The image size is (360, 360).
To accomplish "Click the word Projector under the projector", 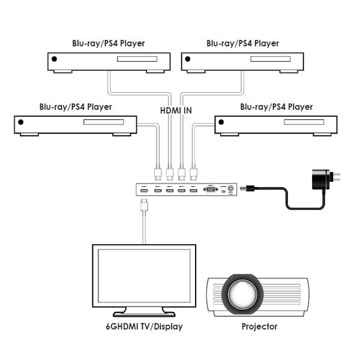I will tap(259, 327).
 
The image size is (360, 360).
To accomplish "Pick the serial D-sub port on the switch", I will tap(210, 189).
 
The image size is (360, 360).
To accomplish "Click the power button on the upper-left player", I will tap(55, 60).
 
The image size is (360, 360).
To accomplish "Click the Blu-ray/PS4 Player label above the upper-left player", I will tap(108, 43).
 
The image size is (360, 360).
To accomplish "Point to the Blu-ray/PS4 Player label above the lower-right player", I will tap(276, 107).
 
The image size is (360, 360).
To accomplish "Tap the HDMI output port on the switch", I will tap(143, 190).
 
